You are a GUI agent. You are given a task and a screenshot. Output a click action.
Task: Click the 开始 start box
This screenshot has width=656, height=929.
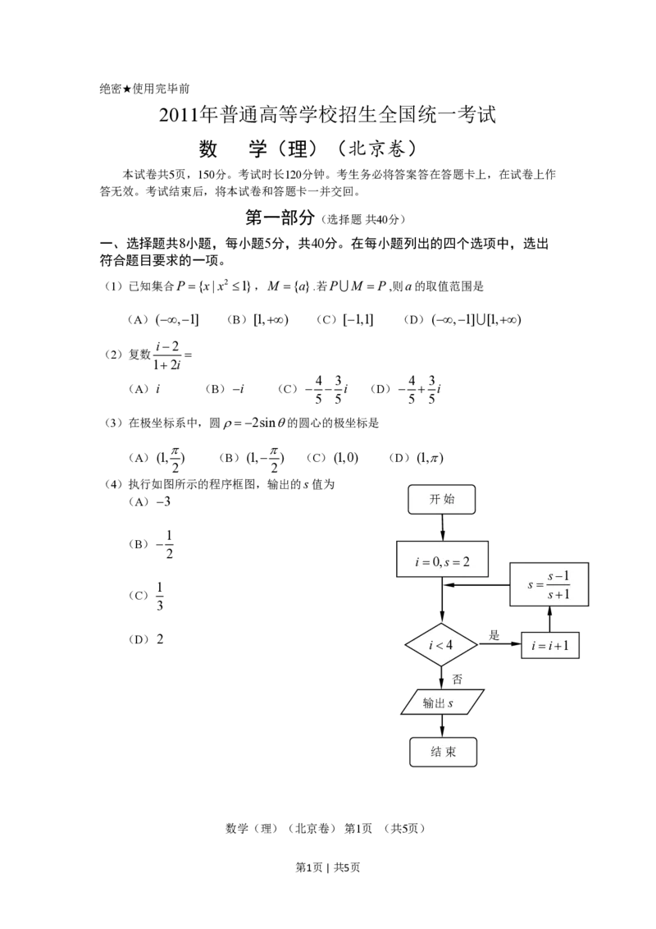442,499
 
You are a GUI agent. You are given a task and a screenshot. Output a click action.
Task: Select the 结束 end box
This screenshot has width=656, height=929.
443,752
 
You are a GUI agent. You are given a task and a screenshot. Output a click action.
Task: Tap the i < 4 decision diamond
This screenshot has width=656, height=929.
441,645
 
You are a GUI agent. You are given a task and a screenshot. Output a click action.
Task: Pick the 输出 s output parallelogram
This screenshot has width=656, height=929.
442,702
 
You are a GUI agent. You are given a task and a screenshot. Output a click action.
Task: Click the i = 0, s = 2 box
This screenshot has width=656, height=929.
442,561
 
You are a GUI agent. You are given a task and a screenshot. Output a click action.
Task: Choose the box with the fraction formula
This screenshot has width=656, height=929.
549,584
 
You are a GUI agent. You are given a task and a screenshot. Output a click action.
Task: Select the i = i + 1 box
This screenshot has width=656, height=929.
550,646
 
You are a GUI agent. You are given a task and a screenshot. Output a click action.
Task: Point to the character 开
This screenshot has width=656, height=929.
435,499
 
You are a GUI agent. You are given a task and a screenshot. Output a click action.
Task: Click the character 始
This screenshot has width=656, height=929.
449,499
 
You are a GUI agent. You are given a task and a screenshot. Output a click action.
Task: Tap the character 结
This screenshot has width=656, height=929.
435,752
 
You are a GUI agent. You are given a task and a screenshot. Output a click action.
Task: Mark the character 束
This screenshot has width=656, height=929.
450,752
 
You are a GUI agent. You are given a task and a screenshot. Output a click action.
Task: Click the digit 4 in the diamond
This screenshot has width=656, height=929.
449,645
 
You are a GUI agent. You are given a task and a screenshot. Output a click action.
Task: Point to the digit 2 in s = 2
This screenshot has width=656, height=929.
466,562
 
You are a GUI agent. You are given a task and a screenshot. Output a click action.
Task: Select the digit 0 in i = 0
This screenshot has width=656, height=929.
437,562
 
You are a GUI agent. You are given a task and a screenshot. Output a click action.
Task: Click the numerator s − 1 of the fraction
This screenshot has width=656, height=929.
558,577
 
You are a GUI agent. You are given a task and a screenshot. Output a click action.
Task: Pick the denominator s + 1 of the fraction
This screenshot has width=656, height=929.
558,594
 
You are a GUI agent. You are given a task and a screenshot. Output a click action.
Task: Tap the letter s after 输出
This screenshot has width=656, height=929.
450,703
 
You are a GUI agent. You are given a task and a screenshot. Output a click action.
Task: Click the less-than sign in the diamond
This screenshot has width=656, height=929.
440,646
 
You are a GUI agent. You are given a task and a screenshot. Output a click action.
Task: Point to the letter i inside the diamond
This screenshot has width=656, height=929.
431,645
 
